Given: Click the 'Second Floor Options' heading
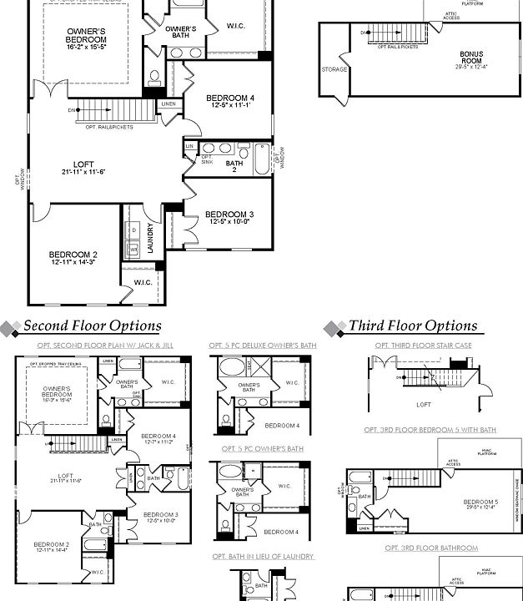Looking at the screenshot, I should click(x=92, y=326).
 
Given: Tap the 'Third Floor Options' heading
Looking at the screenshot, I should click(x=413, y=326).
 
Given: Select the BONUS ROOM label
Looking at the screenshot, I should click(x=471, y=58).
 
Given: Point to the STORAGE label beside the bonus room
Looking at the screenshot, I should click(x=334, y=70).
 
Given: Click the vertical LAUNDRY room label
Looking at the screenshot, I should click(x=150, y=238).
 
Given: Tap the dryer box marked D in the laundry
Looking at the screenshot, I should click(x=133, y=230).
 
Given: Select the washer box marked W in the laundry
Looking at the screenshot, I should click(x=133, y=249).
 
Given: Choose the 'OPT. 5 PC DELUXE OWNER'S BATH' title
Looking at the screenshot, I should click(x=263, y=345).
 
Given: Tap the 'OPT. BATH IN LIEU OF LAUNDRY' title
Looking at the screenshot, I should click(x=263, y=557).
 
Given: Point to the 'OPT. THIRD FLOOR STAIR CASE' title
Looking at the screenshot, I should click(x=423, y=345).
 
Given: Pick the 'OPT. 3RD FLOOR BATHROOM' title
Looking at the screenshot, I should click(x=431, y=548).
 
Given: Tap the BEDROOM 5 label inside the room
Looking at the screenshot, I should click(x=480, y=503).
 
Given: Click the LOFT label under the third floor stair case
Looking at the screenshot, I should click(x=423, y=403).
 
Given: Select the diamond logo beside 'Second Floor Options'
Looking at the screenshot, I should click(x=10, y=327).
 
